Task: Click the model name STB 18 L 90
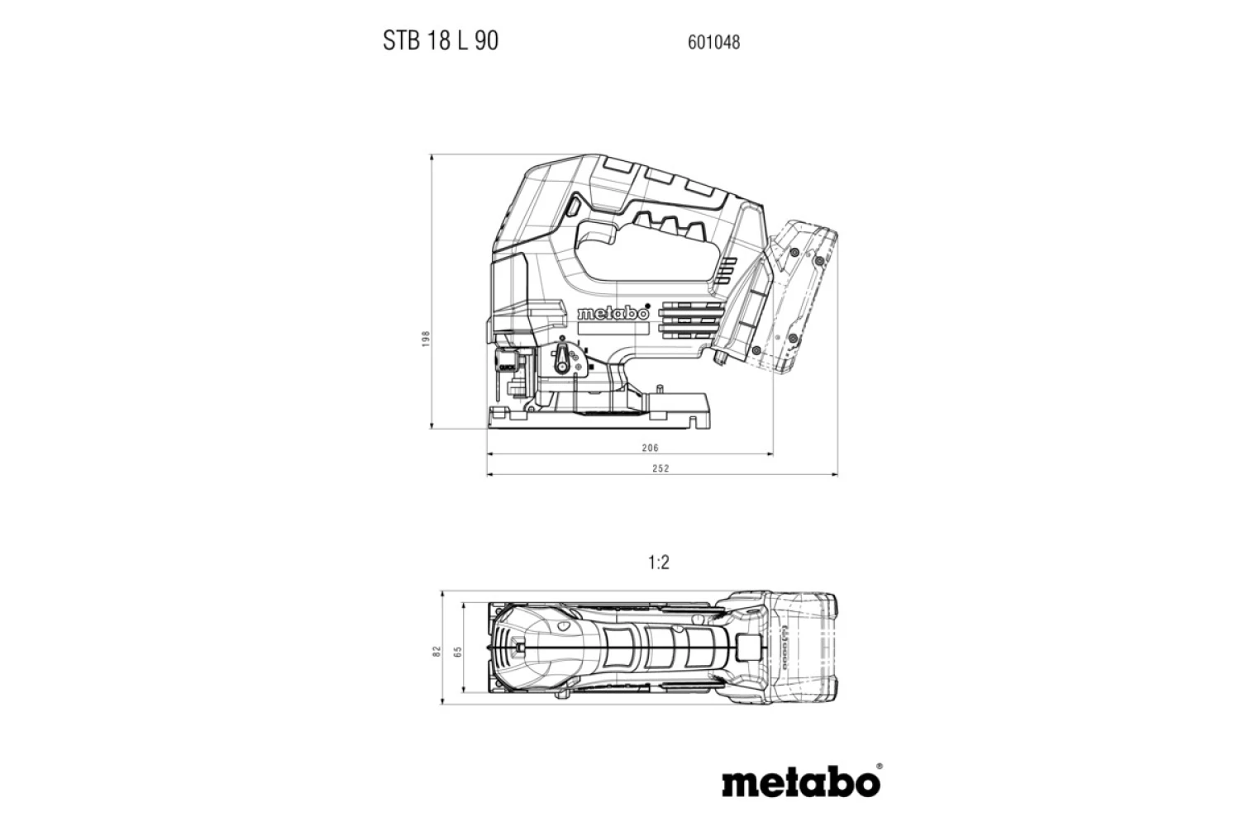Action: coord(440,40)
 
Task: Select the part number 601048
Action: coord(713,42)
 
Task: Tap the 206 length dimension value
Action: coord(651,448)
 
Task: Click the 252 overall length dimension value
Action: coord(661,468)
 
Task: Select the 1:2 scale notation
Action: coord(659,563)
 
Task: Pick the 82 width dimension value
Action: coord(437,652)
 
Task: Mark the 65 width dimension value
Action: coord(457,652)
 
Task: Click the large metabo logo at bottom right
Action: coord(801,780)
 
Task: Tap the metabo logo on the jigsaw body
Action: coord(613,313)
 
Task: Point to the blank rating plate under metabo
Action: coord(612,328)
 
